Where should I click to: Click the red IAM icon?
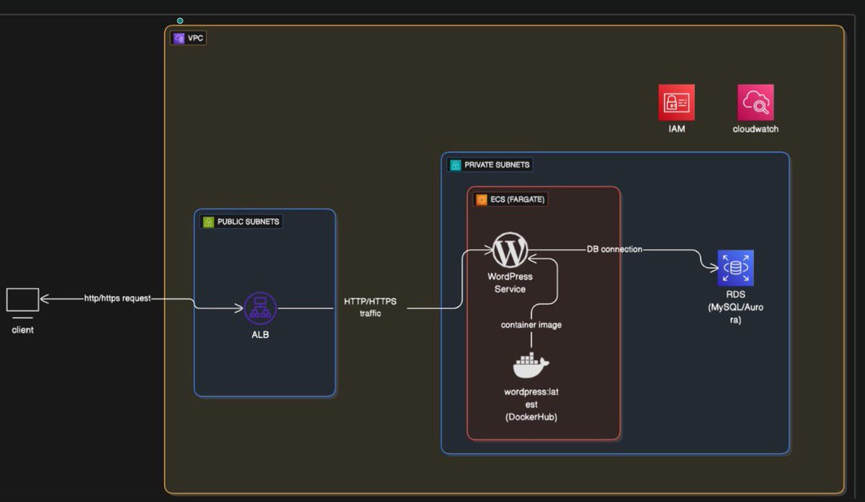point(676,102)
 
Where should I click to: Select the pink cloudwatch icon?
point(755,102)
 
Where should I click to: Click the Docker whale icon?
point(531,365)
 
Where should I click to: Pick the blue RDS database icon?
point(735,268)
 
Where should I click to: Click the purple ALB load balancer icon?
point(260,308)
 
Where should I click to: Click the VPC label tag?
point(189,38)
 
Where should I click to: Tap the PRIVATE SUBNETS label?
point(490,165)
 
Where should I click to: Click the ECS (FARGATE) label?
point(510,200)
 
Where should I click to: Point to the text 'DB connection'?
point(614,249)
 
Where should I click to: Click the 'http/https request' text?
point(117,298)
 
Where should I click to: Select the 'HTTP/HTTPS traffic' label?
point(371,308)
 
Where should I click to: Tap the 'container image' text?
point(531,325)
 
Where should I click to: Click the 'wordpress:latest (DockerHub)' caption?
point(531,405)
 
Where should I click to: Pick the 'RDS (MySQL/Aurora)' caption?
point(735,307)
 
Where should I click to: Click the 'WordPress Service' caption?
point(510,282)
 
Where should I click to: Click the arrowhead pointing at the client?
point(43,298)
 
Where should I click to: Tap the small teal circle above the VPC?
point(180,21)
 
